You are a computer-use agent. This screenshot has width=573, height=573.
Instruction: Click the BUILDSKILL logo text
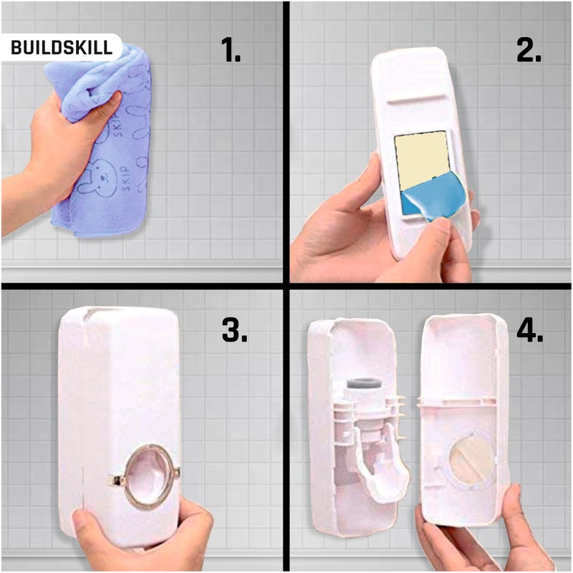[x=62, y=47]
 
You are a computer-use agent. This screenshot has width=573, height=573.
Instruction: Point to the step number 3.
[x=234, y=329]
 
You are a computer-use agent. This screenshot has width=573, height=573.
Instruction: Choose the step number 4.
[x=529, y=329]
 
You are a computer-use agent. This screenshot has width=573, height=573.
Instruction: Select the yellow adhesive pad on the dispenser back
[x=421, y=158]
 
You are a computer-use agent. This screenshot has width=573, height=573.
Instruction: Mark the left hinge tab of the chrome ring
[x=113, y=481]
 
